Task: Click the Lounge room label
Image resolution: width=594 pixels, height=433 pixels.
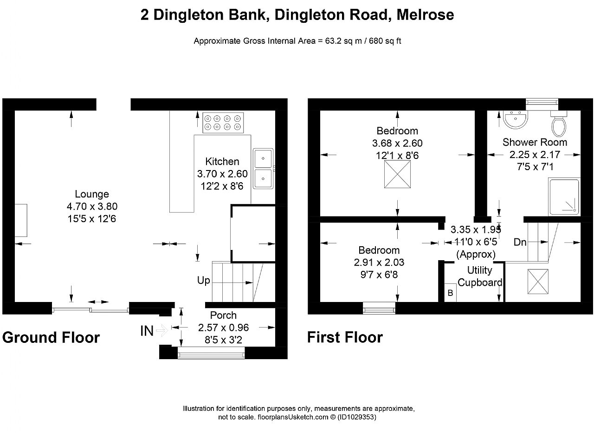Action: point(92,194)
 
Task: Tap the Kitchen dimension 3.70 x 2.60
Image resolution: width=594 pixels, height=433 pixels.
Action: point(222,174)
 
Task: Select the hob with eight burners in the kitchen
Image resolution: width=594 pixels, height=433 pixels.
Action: point(224,122)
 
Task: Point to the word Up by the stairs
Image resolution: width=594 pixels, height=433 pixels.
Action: point(203,281)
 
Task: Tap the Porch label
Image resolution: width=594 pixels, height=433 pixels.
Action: point(223,315)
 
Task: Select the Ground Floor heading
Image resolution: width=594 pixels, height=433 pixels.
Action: point(51,337)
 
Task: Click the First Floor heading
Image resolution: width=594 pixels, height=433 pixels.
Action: point(345,337)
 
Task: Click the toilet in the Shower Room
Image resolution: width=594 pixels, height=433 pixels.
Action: point(557,124)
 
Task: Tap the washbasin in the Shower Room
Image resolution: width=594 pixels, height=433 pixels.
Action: point(516,120)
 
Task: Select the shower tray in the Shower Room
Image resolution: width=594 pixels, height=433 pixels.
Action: point(564,197)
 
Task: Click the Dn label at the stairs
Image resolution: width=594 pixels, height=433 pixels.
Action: point(520,242)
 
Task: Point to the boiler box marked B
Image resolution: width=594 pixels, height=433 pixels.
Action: point(450,293)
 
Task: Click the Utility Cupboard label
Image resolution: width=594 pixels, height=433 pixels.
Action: point(479,276)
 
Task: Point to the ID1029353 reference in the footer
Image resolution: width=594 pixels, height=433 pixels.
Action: point(356,417)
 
